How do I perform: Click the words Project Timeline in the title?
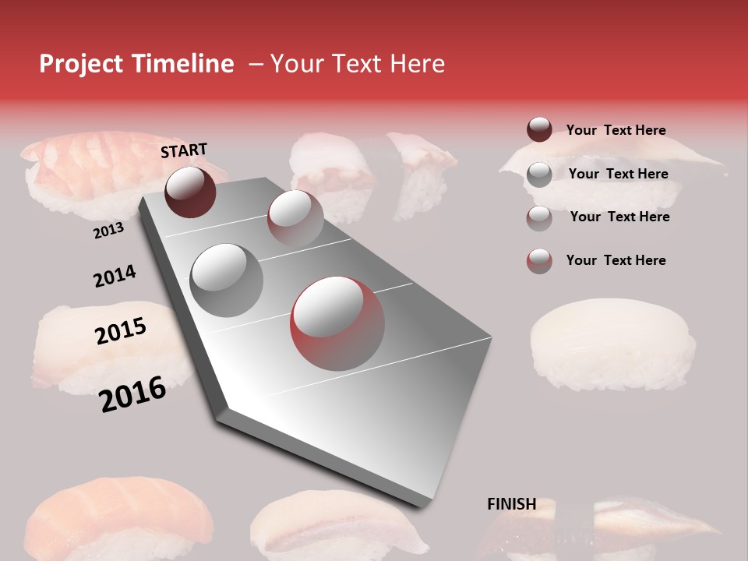pos(136,64)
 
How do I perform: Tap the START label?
pos(184,150)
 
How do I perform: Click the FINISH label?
pos(512,504)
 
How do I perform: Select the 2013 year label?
pos(108,231)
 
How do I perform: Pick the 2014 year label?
pos(115,276)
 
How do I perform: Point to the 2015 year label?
pos(121,331)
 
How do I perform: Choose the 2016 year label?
pos(132,394)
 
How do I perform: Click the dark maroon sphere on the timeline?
pos(190,192)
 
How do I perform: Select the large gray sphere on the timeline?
pos(226,280)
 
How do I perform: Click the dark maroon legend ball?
pos(539,129)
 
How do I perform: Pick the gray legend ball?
pos(539,174)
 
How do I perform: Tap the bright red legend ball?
pos(539,261)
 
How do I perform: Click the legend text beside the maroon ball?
pos(616,130)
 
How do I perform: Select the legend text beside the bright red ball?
pos(616,260)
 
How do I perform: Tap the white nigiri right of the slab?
pos(612,343)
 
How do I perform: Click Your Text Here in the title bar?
pos(357,64)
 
